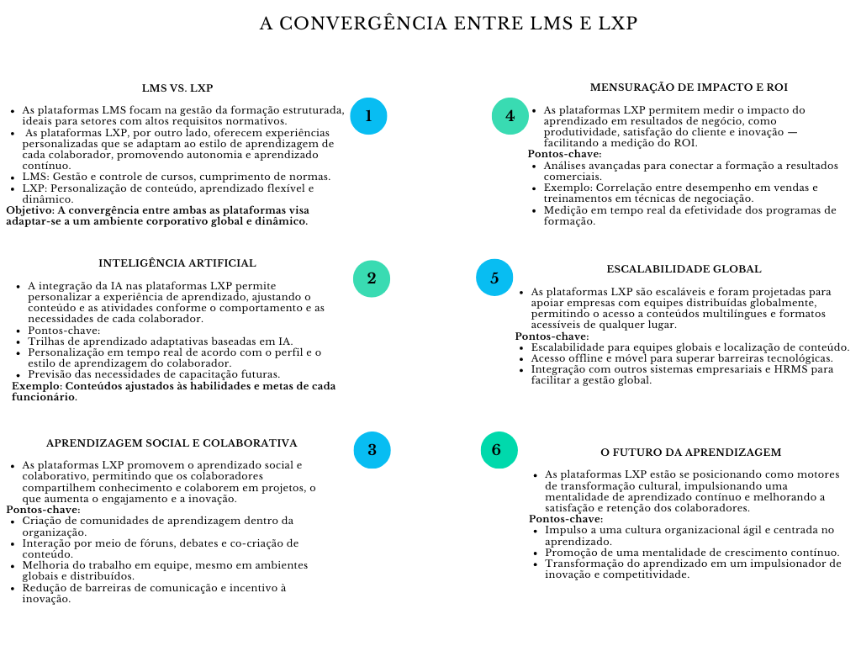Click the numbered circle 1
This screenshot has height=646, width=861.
click(368, 116)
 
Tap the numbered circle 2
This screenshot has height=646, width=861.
click(371, 278)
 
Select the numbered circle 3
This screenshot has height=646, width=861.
click(372, 450)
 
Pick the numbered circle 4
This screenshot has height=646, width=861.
click(510, 116)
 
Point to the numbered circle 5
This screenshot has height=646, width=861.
click(494, 278)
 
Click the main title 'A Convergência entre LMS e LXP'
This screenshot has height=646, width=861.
click(448, 24)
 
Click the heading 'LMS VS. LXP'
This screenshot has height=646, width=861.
click(177, 87)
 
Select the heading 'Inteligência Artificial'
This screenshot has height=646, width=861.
click(177, 263)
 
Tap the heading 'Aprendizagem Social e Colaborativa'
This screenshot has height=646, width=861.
click(172, 442)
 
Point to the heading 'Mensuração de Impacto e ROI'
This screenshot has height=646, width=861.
click(689, 87)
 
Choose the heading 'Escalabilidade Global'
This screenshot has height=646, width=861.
click(684, 269)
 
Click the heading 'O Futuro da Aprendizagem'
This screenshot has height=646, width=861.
click(690, 452)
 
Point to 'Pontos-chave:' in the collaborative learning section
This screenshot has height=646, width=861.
click(43, 510)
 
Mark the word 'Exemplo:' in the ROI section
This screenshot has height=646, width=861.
click(568, 188)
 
